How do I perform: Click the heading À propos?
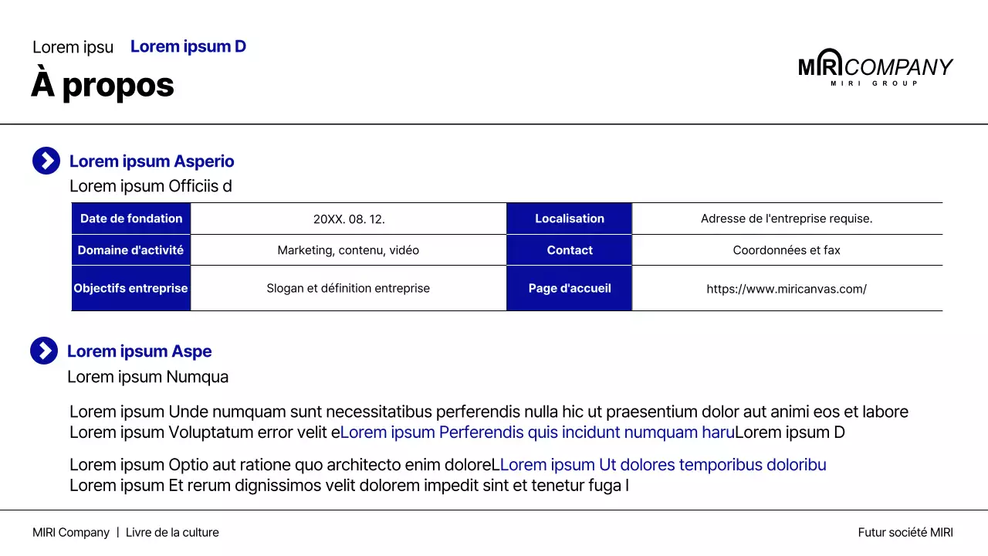[x=103, y=85]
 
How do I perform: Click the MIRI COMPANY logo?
[x=875, y=67]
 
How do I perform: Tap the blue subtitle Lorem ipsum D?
[x=188, y=46]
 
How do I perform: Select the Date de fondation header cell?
[x=131, y=219]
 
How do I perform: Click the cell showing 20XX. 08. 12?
[x=349, y=219]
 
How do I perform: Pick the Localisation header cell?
[x=570, y=219]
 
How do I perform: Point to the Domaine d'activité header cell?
[x=131, y=250]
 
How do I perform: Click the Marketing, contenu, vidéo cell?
[x=348, y=250]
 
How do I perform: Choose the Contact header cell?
[x=570, y=250]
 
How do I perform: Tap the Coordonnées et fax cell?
[x=787, y=250]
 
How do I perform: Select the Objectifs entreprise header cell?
[x=131, y=288]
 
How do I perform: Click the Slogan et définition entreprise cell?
[x=348, y=288]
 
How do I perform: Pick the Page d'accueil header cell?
[x=570, y=288]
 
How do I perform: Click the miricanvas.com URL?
[x=787, y=289]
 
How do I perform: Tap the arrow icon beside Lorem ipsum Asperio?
[x=46, y=161]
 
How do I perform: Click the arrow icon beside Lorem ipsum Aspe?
[x=44, y=351]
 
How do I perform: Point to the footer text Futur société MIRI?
[x=905, y=532]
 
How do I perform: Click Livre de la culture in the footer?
[x=172, y=532]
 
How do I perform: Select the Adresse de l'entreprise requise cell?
[x=787, y=219]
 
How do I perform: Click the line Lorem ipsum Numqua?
[x=148, y=377]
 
